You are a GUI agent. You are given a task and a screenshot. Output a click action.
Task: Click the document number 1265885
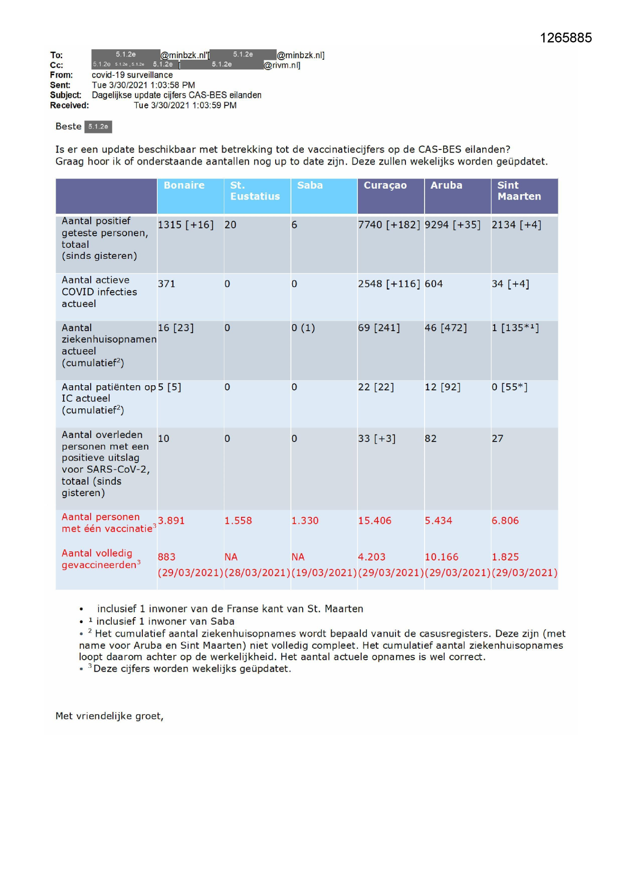[x=565, y=38]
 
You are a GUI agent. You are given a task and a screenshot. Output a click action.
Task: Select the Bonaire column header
[x=184, y=185]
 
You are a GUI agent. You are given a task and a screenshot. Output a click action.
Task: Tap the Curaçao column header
[x=385, y=185]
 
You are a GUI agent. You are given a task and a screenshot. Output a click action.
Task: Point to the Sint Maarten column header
[x=519, y=191]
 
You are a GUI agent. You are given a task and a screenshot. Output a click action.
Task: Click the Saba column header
[x=310, y=185]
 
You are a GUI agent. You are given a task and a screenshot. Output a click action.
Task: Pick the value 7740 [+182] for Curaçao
[x=389, y=225]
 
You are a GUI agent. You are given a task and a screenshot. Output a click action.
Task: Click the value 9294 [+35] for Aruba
[x=453, y=225]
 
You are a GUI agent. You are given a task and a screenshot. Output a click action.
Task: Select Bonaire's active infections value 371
[x=166, y=284]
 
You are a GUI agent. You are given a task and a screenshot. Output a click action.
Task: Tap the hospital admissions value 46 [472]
[x=446, y=328]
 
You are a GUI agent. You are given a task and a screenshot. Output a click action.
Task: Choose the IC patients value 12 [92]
[x=443, y=387]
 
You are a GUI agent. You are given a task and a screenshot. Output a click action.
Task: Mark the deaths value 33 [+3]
[x=377, y=438]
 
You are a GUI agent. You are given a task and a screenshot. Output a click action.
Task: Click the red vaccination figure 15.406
[x=374, y=521]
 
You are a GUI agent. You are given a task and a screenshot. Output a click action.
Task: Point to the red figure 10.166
[x=442, y=557]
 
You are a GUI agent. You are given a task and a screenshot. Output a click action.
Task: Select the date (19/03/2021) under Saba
[x=324, y=572]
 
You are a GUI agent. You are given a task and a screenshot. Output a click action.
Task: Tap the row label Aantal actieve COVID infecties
[x=99, y=291]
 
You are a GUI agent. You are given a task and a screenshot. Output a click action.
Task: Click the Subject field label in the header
[x=65, y=95]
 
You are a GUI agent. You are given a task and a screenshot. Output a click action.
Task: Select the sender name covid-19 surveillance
[x=132, y=75]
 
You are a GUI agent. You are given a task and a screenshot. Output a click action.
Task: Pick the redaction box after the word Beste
[x=98, y=126]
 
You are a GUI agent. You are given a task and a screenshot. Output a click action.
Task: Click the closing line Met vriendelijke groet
[x=109, y=716]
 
